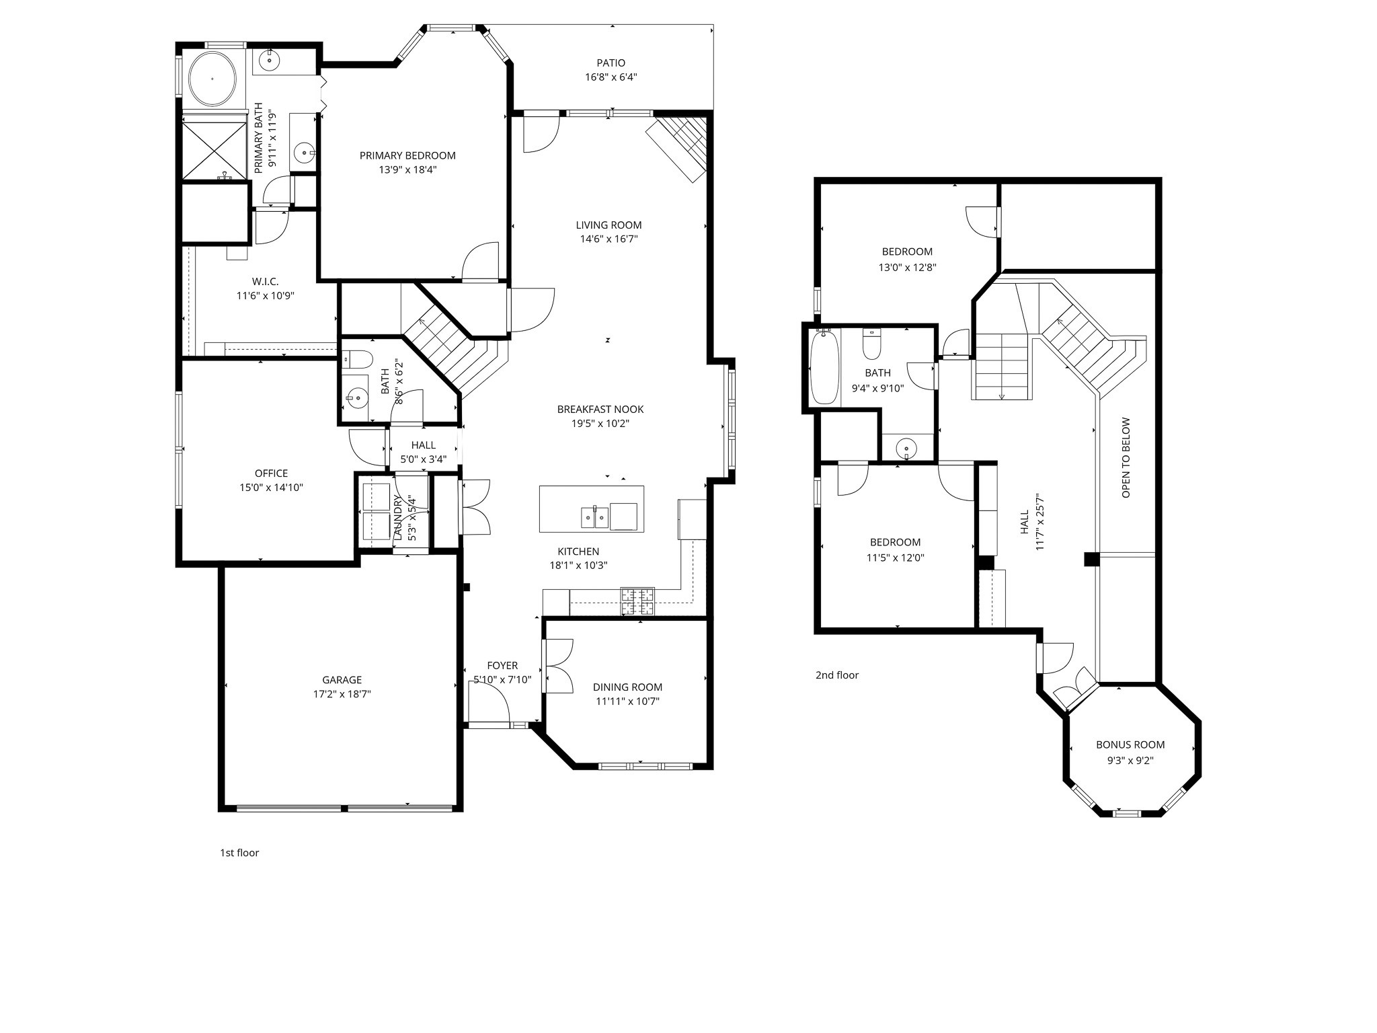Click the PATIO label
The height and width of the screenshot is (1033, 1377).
(x=611, y=63)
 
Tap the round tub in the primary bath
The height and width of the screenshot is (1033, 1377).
(x=212, y=79)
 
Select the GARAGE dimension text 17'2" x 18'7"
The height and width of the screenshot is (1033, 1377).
(x=342, y=694)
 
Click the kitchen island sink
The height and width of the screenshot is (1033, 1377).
(x=594, y=516)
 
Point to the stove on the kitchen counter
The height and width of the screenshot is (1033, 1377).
(x=637, y=601)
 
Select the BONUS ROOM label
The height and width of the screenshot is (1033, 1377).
(x=1130, y=744)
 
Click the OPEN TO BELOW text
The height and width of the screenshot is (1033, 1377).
(x=1126, y=458)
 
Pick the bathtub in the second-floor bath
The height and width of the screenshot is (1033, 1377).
(x=824, y=368)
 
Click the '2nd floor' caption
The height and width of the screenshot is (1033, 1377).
(x=837, y=675)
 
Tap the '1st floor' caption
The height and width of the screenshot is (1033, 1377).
(x=239, y=853)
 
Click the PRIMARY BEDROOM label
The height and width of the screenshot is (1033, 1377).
(x=407, y=155)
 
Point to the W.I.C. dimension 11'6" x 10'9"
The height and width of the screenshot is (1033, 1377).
(x=265, y=295)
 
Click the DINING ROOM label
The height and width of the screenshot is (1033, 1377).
(x=627, y=687)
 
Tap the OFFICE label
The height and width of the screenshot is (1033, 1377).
(x=271, y=473)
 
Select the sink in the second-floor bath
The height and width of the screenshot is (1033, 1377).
(x=907, y=448)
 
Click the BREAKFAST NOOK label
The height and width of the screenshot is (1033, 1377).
(x=600, y=409)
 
